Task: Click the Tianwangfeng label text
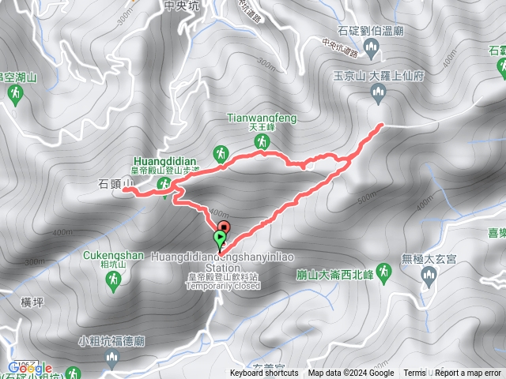click(x=262, y=118)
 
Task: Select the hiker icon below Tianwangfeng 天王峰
click(x=261, y=141)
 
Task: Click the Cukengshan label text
click(x=112, y=255)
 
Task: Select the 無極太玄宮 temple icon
click(x=429, y=276)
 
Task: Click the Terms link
click(x=414, y=373)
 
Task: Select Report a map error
click(x=468, y=373)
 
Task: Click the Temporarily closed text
click(x=224, y=286)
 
